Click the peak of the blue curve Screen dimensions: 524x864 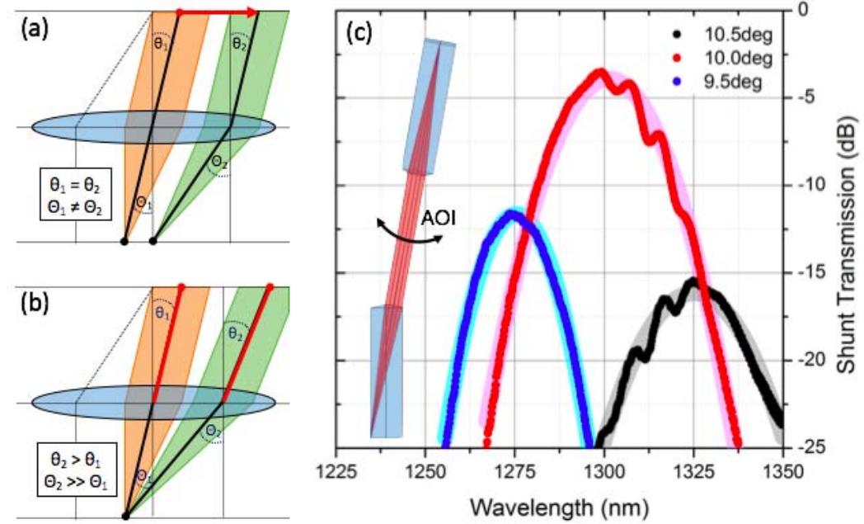[514, 214]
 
